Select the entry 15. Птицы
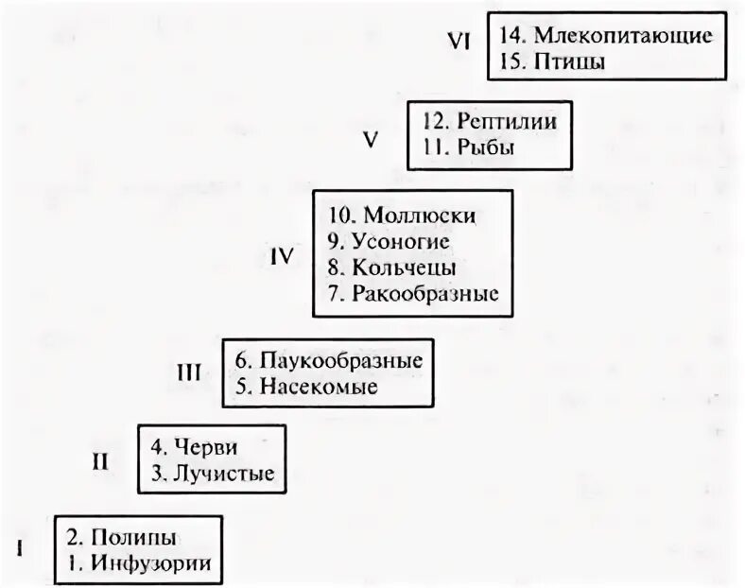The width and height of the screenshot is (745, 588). click(549, 62)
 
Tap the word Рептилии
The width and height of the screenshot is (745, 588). click(506, 121)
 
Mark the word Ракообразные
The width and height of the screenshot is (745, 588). click(424, 293)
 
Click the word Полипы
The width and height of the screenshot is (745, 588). click(133, 539)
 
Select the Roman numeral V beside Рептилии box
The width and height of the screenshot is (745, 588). click(371, 140)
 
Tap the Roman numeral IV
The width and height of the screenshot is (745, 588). click(282, 256)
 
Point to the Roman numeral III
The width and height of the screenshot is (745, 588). click(189, 372)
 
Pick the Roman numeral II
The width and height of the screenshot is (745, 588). click(100, 461)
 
